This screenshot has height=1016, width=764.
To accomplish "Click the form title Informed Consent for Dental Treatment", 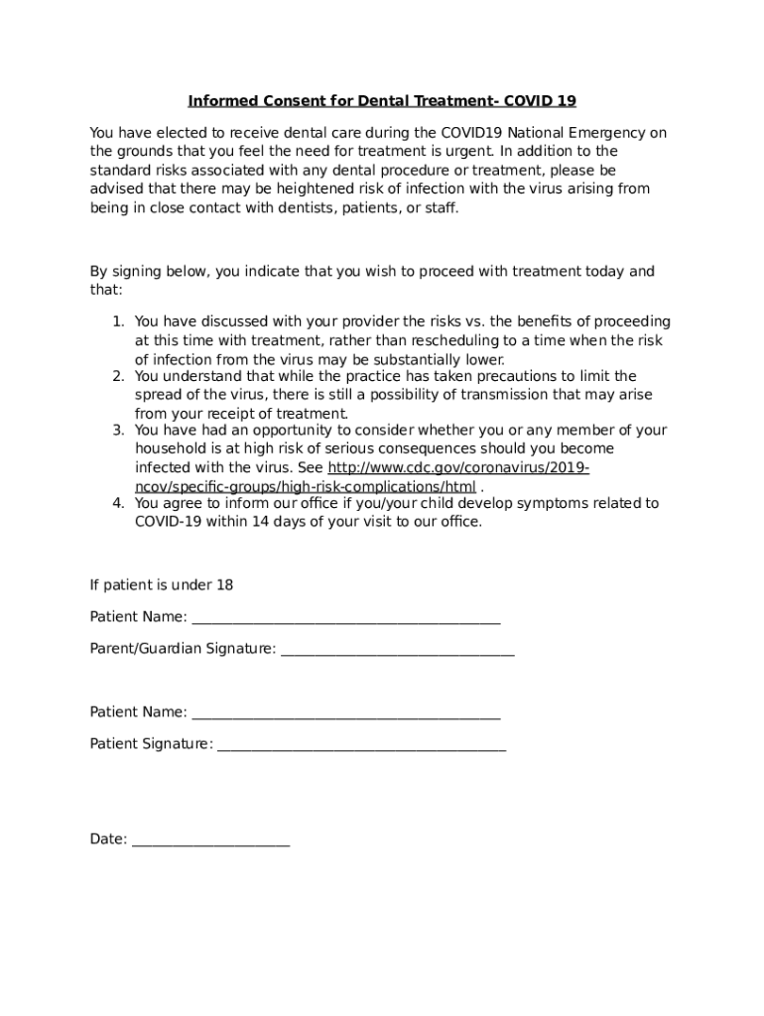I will pyautogui.click(x=382, y=101).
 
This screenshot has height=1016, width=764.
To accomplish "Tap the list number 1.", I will pyautogui.click(x=116, y=321).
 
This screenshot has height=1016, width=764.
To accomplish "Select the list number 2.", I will pyautogui.click(x=116, y=377).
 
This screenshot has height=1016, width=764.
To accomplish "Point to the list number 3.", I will pyautogui.click(x=116, y=431).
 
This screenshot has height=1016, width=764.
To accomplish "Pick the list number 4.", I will pyautogui.click(x=116, y=503).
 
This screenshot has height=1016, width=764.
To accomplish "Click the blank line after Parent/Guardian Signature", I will pyautogui.click(x=397, y=650).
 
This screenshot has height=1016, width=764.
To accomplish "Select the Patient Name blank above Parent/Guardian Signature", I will pyautogui.click(x=345, y=618).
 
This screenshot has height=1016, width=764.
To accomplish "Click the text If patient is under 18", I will pyautogui.click(x=162, y=585).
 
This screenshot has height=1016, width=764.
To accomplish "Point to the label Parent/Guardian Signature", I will pyautogui.click(x=183, y=649).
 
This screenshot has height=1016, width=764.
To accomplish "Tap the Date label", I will pyautogui.click(x=108, y=839).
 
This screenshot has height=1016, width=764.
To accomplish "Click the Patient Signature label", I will pyautogui.click(x=151, y=744).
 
